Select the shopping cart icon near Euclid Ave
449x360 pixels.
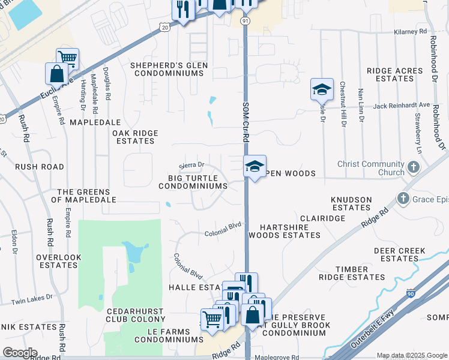click(68, 58)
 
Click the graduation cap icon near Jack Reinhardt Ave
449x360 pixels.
click(322, 89)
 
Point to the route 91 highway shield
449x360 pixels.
click(245, 21)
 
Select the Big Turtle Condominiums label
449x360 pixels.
click(193, 182)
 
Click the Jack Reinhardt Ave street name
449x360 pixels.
click(402, 106)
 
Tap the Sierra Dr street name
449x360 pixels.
click(192, 165)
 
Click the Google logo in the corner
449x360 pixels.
click(20, 353)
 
